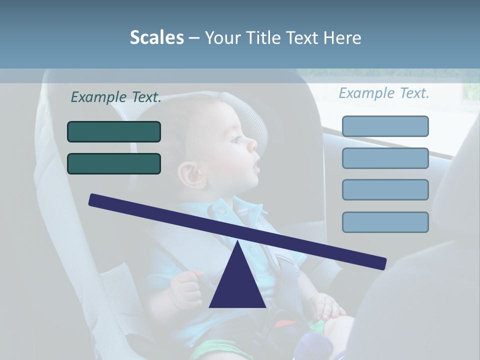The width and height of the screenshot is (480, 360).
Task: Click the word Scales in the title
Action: [156, 37]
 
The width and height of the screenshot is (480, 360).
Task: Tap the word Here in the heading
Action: [342, 38]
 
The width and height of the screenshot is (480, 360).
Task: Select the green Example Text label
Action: [116, 97]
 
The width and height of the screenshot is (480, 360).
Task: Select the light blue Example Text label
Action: [384, 93]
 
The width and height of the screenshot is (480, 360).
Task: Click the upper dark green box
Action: [114, 132]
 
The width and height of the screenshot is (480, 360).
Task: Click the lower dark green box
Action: [114, 164]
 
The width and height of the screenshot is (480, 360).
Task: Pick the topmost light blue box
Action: [385, 126]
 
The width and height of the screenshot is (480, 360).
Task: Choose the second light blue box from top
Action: [385, 158]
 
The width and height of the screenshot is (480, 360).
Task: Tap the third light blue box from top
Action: [385, 190]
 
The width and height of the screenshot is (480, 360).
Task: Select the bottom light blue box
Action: [385, 222]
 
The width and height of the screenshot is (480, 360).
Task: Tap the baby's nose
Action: [252, 144]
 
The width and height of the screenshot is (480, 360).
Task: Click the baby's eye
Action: [235, 138]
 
